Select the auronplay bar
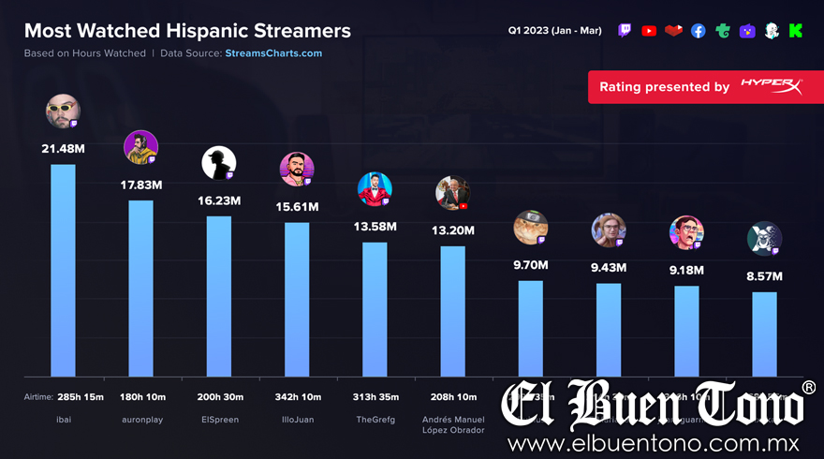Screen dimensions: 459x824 coord(140,288)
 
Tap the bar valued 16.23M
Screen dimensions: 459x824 coord(219,296)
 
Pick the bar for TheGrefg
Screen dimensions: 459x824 coord(375,309)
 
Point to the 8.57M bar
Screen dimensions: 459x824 coord(764,333)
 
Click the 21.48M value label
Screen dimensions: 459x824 coord(63,149)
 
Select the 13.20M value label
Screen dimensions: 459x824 coord(452,230)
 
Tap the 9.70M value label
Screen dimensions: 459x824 coord(530,265)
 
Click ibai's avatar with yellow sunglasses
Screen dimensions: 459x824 coord(63,111)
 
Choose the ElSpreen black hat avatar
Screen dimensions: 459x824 coord(218,164)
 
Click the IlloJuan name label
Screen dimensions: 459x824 coord(297,420)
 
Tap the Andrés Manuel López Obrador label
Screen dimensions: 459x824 coord(452,424)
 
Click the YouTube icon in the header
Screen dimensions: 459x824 coord(649,31)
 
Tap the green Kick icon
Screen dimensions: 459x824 coord(795,31)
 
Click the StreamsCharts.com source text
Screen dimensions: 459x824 coord(273,53)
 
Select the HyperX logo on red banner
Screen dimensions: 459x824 coord(771,86)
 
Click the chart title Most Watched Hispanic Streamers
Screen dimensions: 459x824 coord(187,31)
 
